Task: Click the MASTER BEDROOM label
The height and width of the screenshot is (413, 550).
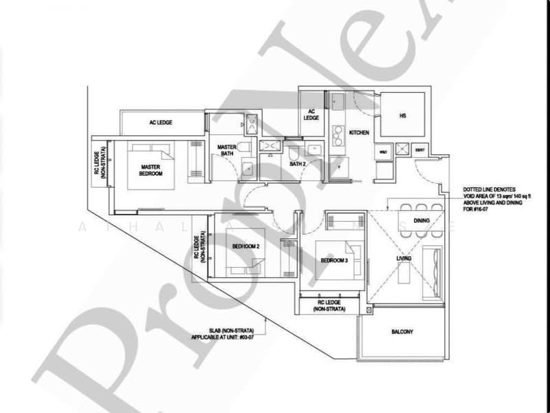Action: (151, 170)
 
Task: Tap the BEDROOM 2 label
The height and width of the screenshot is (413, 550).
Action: (245, 246)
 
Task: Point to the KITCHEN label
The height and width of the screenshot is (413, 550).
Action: (360, 132)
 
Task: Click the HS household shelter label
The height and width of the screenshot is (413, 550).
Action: (402, 116)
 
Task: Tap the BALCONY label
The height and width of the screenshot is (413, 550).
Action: (402, 332)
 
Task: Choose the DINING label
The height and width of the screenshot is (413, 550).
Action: (421, 221)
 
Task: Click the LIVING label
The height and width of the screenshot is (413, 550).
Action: (404, 258)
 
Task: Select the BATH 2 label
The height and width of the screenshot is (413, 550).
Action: (298, 165)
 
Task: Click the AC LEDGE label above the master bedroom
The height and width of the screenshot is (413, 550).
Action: (160, 123)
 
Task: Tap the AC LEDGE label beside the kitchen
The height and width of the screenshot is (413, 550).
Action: (311, 114)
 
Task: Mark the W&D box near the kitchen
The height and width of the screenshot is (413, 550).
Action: (382, 150)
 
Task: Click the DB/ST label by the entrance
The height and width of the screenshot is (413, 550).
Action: (420, 150)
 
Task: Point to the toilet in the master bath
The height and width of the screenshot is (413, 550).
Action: (247, 170)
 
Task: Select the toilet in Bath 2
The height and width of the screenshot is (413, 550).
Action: (294, 151)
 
